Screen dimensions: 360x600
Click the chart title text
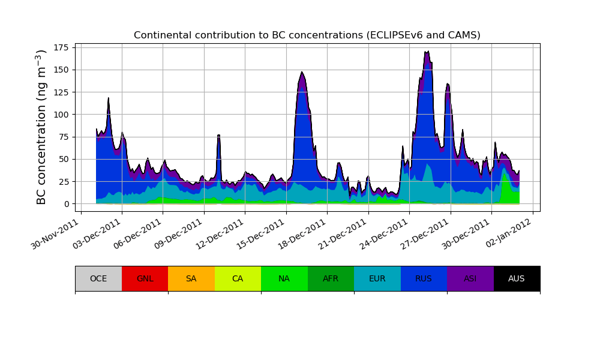(x=307, y=35)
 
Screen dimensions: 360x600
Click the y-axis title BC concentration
(x=41, y=127)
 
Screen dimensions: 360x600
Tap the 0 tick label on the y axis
(x=68, y=204)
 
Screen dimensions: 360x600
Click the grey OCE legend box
(x=98, y=278)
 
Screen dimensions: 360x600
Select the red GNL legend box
(x=145, y=278)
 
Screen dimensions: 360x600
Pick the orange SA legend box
(x=191, y=278)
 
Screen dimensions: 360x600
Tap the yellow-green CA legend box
(x=238, y=278)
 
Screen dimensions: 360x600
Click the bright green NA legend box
(x=284, y=278)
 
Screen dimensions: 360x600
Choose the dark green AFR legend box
(x=331, y=278)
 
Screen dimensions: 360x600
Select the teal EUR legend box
(x=377, y=278)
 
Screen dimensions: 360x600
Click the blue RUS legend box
(x=424, y=278)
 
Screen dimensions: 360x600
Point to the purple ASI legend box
(x=470, y=278)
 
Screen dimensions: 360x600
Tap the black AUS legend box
(x=517, y=278)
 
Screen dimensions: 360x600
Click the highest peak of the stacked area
(x=427, y=52)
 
